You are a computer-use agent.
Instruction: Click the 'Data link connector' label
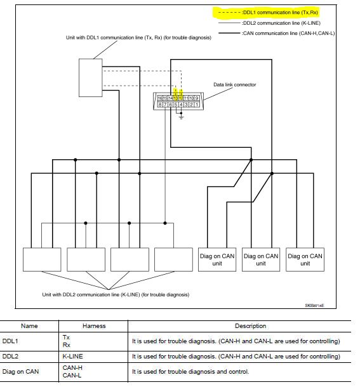[234, 84]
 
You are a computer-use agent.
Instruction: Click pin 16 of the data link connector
[159, 98]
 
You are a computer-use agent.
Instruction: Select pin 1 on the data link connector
[197, 105]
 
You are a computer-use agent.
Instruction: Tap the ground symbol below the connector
[181, 117]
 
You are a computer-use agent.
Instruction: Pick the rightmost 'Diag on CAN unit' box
[305, 259]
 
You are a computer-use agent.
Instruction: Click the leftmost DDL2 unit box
[42, 259]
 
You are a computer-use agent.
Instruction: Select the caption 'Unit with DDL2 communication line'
[115, 294]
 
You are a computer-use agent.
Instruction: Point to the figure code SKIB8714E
[314, 306]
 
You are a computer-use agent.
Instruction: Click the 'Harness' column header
[94, 326]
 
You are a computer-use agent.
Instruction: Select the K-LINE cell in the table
[72, 357]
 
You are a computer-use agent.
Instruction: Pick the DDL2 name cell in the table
[10, 357]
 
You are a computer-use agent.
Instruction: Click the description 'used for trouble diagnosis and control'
[190, 371]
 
